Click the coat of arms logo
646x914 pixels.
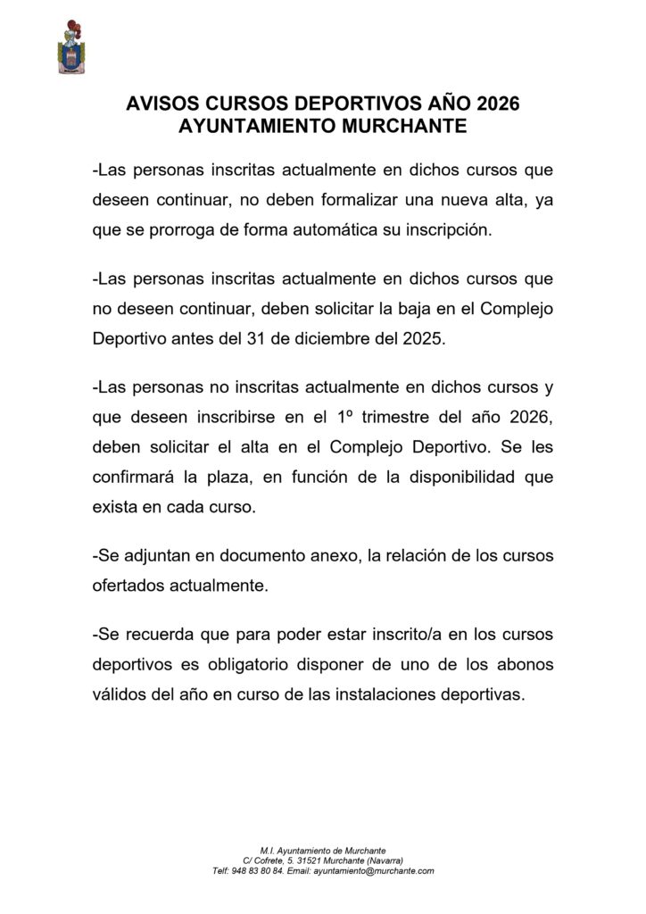71,47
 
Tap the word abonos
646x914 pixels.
520,666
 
